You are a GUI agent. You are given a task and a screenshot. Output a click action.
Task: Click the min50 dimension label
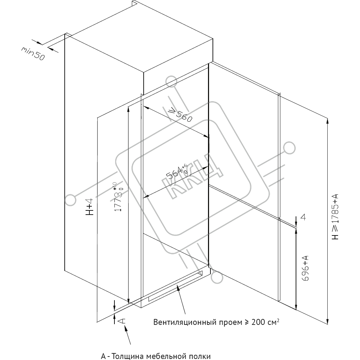pyautogui.click(x=33, y=54)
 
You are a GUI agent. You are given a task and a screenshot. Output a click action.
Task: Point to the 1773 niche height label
pyautogui.click(x=118, y=197)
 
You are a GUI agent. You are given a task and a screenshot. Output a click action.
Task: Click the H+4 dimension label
pyautogui.click(x=89, y=207)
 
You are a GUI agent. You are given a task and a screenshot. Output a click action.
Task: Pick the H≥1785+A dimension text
pyautogui.click(x=335, y=217)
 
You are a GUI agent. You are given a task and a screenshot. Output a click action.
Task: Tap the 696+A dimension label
pyautogui.click(x=305, y=268)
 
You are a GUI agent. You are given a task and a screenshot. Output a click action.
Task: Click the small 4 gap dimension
pyautogui.click(x=303, y=217)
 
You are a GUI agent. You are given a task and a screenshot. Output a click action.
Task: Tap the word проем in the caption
pyautogui.click(x=230, y=322)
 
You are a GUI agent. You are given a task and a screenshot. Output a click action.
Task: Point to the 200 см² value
pyautogui.click(x=265, y=322)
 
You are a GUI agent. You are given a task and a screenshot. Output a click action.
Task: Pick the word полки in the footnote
pyautogui.click(x=199, y=356)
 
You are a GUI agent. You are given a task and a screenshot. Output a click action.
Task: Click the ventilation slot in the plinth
pyautogui.click(x=176, y=286)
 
